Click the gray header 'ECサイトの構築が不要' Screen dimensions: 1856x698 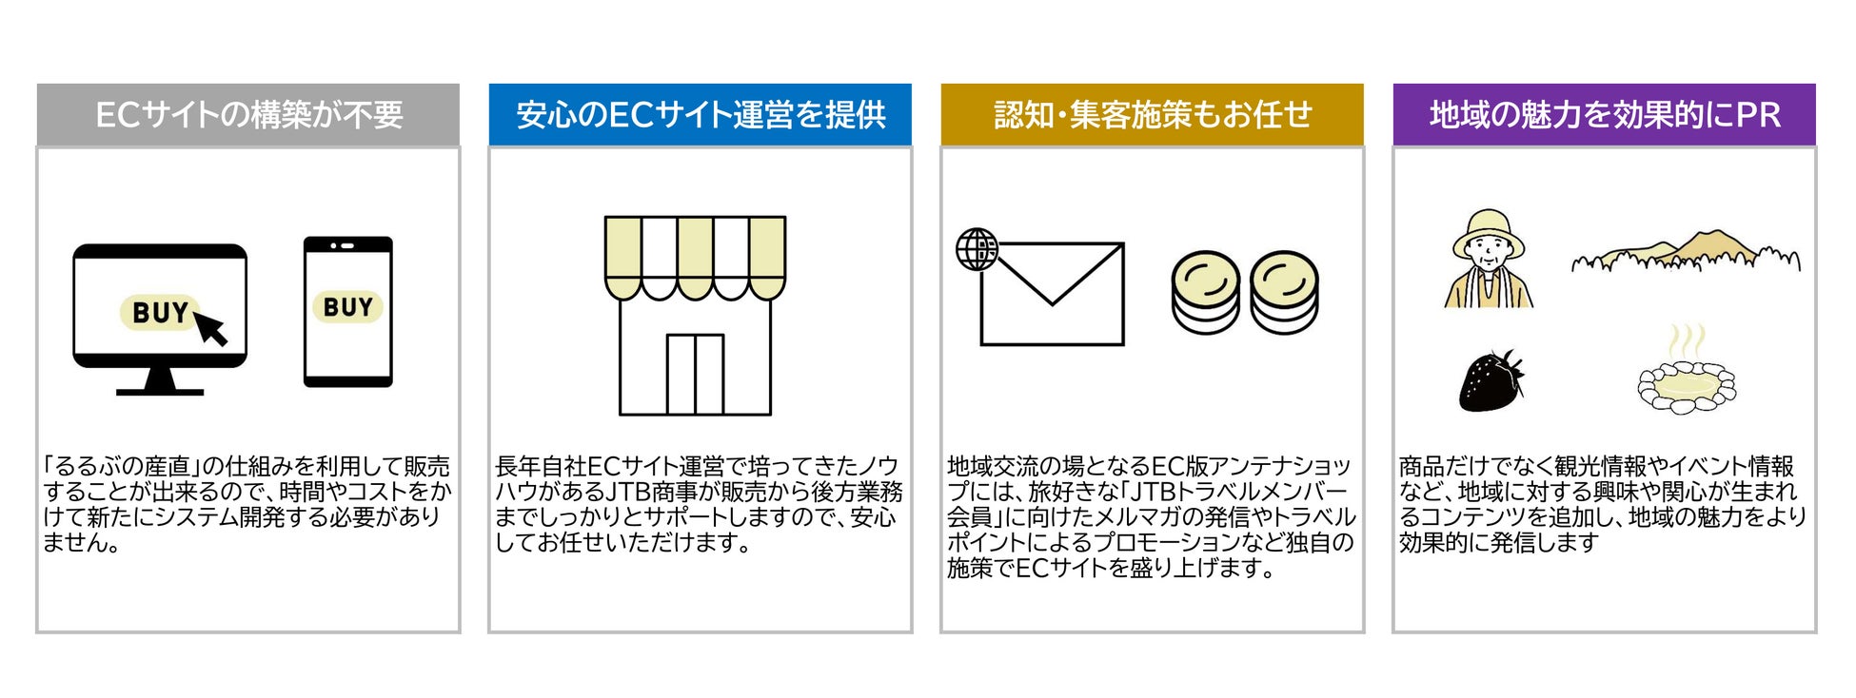coord(248,115)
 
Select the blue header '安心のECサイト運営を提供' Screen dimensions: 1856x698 coord(701,115)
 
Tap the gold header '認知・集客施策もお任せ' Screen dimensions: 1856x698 coord(1153,115)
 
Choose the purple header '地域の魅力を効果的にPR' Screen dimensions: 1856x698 coord(1605,115)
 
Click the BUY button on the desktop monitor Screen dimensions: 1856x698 coord(157,312)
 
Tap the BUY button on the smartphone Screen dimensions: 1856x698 coord(347,307)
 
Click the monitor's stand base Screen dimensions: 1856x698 coord(160,389)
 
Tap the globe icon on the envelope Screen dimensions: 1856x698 coord(977,249)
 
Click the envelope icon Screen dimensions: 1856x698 coord(1053,295)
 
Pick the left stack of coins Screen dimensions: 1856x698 coord(1205,293)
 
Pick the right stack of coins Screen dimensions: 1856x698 coord(1284,293)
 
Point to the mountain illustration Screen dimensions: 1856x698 coord(1685,252)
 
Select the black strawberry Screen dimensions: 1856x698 coord(1491,380)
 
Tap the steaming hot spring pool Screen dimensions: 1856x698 coord(1686,380)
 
